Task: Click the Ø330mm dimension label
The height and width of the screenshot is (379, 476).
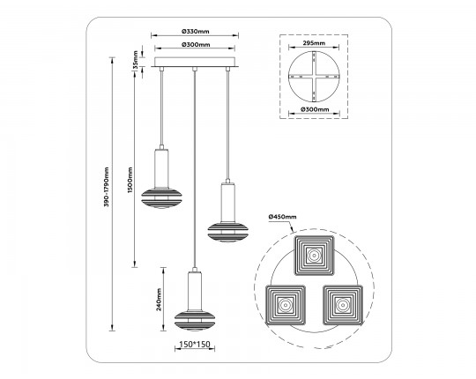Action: [195, 31]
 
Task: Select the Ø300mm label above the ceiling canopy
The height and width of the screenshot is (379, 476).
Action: [196, 45]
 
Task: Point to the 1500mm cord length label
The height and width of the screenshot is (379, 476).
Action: [130, 180]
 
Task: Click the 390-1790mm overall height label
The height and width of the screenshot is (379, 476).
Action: [106, 187]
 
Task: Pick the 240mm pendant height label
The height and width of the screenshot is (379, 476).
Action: [159, 300]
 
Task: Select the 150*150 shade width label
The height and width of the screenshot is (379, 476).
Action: [195, 344]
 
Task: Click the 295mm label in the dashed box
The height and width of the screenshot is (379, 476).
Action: [314, 43]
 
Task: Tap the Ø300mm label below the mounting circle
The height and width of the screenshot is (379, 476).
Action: [315, 109]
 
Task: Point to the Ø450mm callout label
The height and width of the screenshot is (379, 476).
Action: [282, 217]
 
